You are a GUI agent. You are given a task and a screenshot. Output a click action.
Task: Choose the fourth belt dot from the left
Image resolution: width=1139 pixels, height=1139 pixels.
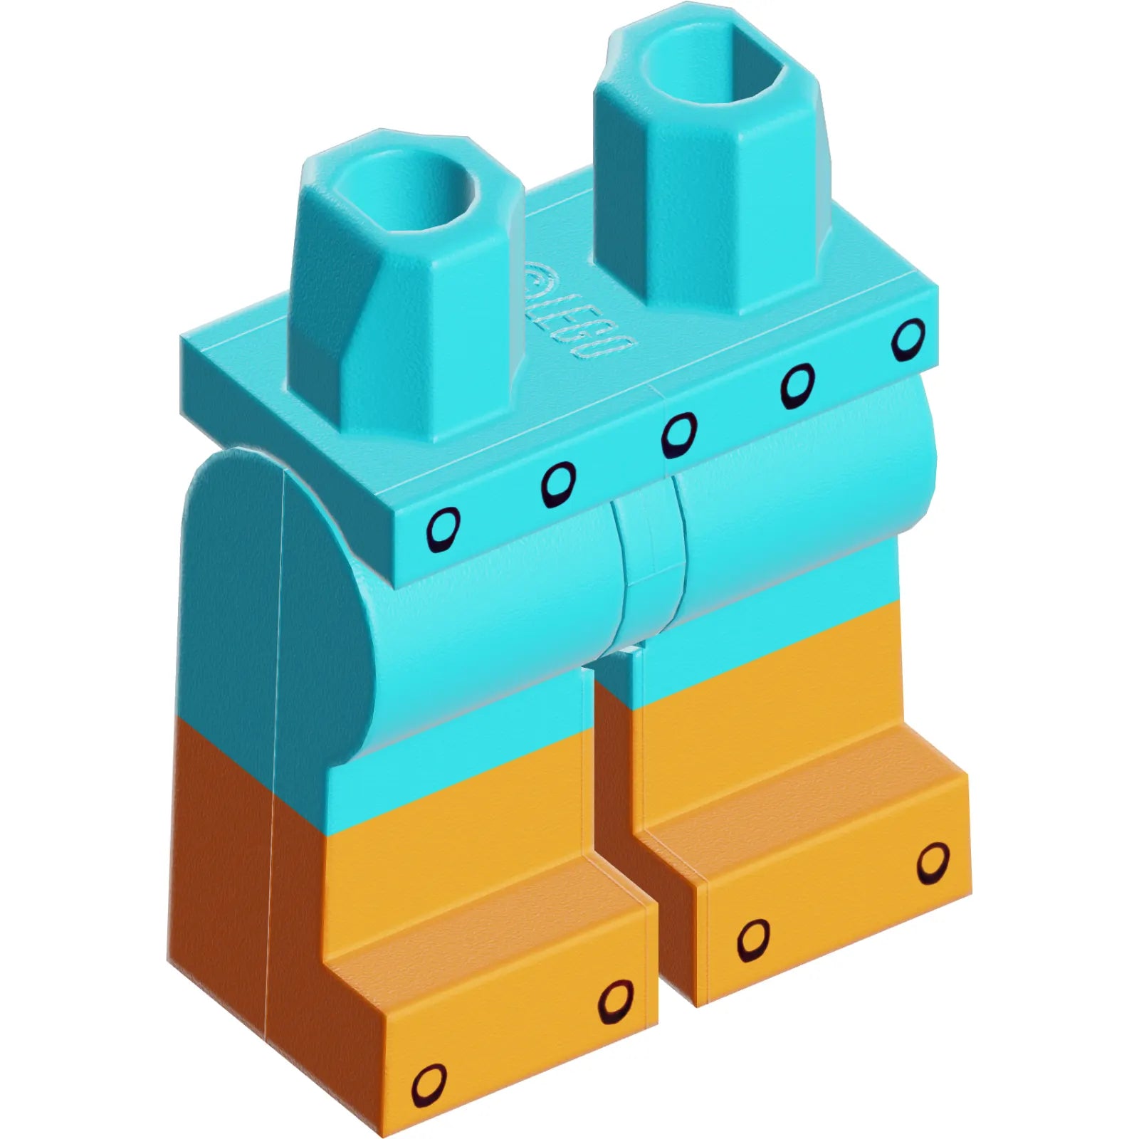797,385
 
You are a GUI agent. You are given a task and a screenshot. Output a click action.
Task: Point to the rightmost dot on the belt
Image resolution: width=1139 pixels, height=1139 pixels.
908,340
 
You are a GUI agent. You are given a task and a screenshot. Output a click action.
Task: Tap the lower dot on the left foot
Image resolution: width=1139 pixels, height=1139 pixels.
430,1087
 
